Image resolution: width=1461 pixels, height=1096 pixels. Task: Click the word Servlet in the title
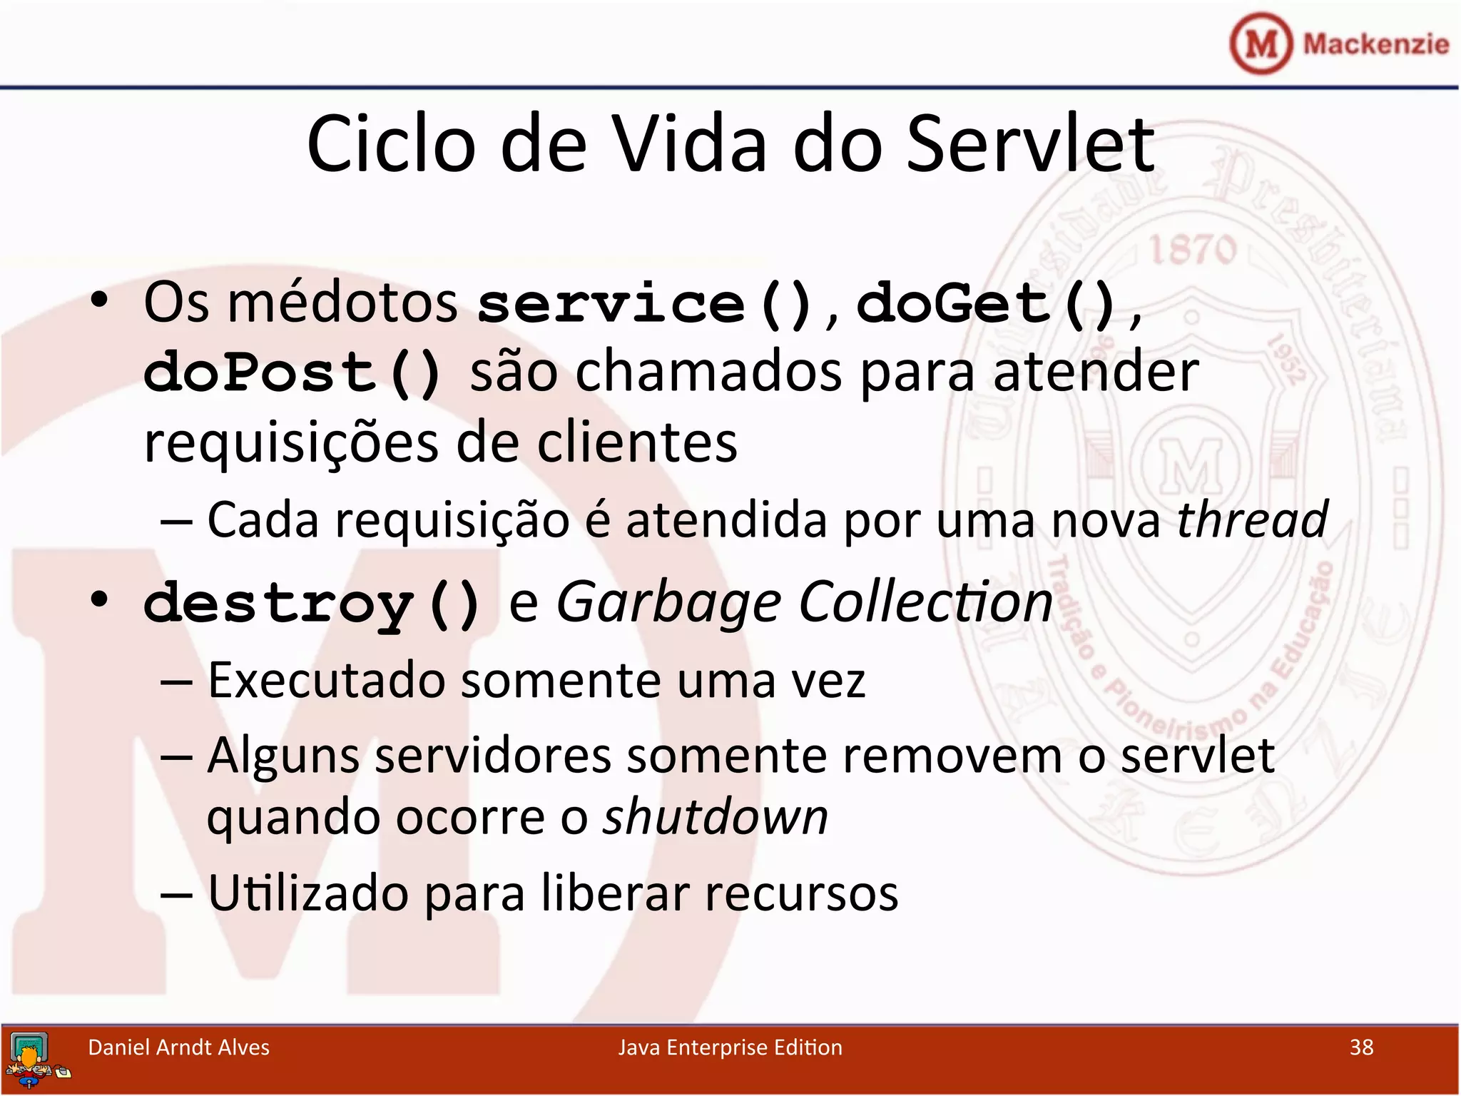[1030, 146]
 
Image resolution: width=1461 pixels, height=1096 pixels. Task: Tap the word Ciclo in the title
[391, 146]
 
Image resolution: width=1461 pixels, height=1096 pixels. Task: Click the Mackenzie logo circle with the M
[1261, 44]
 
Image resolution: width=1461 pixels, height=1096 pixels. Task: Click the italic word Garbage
[668, 604]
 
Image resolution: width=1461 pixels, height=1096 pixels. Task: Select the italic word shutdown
[716, 817]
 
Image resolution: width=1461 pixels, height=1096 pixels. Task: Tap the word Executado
[326, 681]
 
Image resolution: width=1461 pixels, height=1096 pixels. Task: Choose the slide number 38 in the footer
[1361, 1047]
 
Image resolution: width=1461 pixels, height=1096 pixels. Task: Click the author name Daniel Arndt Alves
[178, 1047]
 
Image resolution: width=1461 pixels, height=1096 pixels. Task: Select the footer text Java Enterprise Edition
[730, 1047]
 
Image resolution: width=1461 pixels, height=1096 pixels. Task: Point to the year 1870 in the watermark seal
[1192, 250]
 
